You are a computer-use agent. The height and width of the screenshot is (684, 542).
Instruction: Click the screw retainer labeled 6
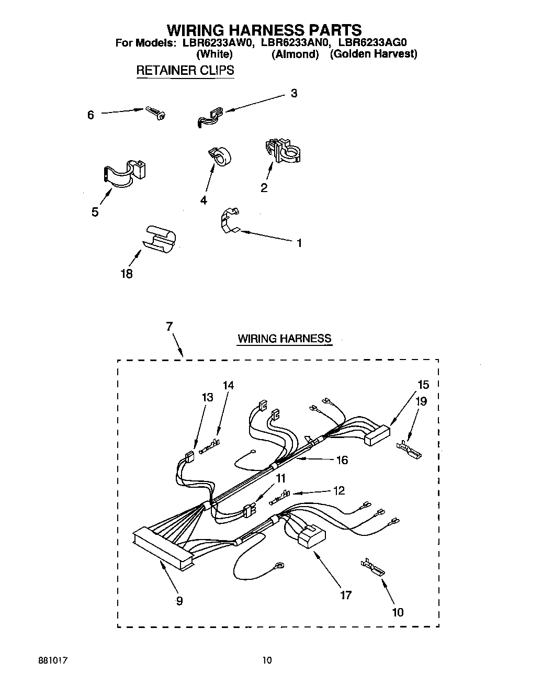coord(155,113)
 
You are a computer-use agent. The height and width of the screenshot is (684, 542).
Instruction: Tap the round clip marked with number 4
coord(220,154)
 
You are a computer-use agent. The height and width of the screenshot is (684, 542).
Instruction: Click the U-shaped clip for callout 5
coord(125,174)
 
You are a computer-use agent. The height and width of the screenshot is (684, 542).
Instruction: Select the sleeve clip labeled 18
coord(159,240)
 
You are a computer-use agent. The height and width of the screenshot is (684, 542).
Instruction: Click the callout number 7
coord(169,326)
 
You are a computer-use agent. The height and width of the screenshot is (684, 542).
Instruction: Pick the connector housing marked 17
coord(311,537)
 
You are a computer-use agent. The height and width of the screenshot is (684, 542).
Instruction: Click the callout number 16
coord(342,460)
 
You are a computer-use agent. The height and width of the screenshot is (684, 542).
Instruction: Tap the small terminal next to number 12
coord(280,494)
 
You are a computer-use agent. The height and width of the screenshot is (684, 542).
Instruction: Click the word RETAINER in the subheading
coord(163,70)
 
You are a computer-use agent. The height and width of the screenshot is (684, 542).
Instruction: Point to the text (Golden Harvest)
coord(373,54)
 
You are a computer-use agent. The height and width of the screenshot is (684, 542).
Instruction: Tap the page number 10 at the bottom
coord(267,660)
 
